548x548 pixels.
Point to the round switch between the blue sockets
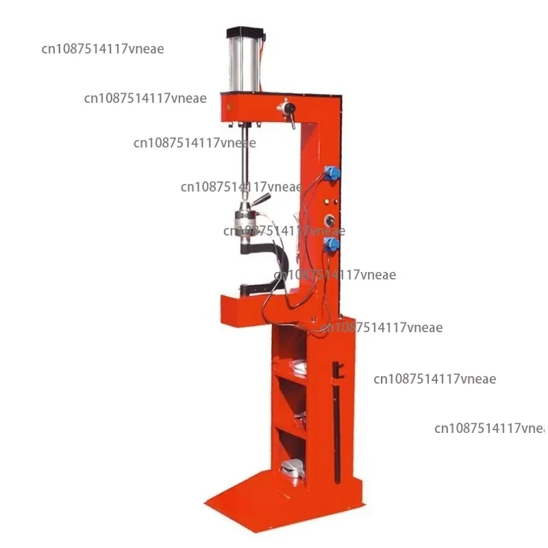[x=330, y=221]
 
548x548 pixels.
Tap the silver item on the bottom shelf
[x=295, y=469]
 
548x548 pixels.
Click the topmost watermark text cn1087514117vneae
[x=102, y=49]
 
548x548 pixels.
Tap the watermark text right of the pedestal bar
[x=434, y=379]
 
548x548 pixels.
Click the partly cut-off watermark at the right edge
[x=489, y=428]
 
